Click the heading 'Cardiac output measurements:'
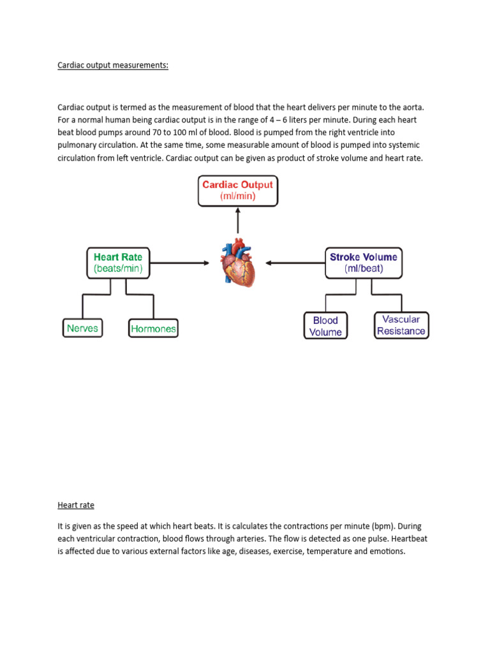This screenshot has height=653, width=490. point(113,65)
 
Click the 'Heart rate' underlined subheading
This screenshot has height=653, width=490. point(76,505)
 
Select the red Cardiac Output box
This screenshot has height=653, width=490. point(237,191)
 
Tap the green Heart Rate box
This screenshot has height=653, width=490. point(118,263)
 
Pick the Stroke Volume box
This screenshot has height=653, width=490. point(363,263)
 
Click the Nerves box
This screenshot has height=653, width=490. point(82,328)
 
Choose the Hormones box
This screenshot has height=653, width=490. point(153,329)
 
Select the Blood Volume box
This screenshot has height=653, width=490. point(325,326)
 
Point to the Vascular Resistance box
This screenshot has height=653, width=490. point(401,325)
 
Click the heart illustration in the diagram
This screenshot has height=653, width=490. point(238,263)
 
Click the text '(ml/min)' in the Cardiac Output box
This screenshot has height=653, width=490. point(237,197)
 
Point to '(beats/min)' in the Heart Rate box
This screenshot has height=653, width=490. point(118,269)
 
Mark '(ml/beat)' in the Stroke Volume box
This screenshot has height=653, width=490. point(363,269)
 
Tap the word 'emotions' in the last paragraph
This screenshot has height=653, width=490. point(385,552)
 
